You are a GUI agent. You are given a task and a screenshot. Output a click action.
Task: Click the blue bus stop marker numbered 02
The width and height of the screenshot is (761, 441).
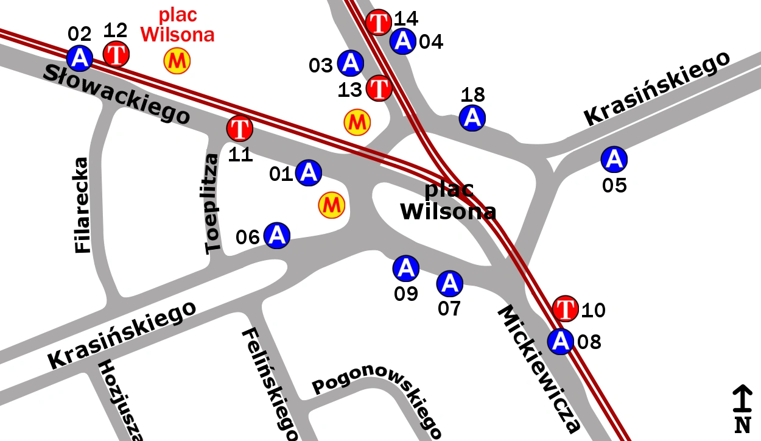tap(80, 58)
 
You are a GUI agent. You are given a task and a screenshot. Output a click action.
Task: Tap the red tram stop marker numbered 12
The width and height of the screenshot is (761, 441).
tap(116, 54)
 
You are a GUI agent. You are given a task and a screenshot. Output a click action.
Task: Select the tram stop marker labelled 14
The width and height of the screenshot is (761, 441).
tap(379, 23)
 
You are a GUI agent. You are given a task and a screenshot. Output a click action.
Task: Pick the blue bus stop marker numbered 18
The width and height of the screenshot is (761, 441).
tap(472, 118)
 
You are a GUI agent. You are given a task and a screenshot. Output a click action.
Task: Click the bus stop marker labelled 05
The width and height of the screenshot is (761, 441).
tap(614, 159)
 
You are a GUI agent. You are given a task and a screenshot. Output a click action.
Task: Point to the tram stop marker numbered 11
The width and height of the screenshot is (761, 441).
tap(240, 129)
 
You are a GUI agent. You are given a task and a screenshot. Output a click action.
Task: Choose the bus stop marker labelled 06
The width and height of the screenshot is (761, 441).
tap(277, 235)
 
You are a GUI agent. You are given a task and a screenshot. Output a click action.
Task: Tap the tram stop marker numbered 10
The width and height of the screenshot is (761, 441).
tap(566, 308)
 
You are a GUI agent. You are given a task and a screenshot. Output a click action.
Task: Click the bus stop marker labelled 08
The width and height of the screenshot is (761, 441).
tap(561, 341)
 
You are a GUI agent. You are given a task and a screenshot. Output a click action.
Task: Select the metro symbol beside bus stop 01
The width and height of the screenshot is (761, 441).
tap(332, 205)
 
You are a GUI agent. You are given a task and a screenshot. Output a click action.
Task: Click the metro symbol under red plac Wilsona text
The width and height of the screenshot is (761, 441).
tap(177, 60)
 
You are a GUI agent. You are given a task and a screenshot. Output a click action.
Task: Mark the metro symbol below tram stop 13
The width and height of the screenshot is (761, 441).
tap(357, 122)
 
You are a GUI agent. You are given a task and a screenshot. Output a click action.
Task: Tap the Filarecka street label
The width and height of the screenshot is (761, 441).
tap(82, 205)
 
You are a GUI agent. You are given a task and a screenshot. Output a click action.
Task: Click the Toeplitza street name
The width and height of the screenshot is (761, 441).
tap(212, 204)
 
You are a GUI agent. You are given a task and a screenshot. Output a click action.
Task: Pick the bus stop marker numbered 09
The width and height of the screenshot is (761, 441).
tap(406, 267)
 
